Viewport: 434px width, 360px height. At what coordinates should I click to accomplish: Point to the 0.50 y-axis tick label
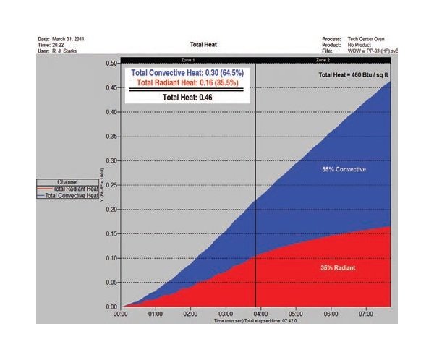click(111, 64)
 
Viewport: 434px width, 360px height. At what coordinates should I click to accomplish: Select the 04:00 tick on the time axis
click(260, 314)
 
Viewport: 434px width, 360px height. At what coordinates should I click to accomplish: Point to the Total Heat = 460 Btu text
click(354, 74)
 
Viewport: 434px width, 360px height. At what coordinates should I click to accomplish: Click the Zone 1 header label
click(188, 60)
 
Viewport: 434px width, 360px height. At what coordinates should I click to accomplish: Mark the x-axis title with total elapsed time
click(256, 320)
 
